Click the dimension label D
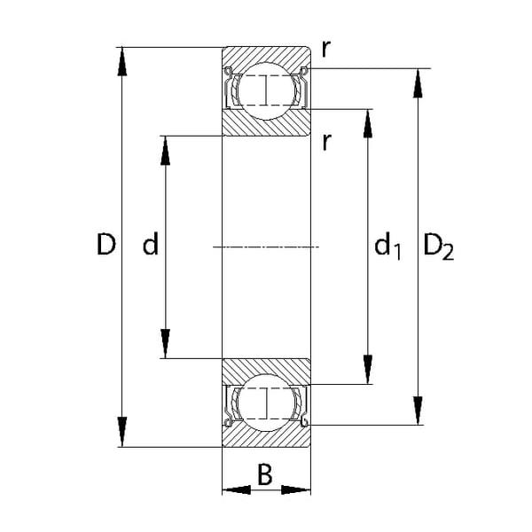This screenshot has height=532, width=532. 106,245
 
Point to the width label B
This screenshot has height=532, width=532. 265,476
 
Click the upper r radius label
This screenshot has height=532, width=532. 326,50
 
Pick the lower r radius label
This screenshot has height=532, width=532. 326,141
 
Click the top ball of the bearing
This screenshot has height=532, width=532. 266,90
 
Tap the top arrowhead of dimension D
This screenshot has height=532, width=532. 122,59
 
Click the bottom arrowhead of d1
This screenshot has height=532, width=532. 367,372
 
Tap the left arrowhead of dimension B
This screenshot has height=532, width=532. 232,489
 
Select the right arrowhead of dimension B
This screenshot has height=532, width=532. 300,489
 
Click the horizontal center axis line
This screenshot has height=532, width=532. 266,246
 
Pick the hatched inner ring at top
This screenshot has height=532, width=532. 266,122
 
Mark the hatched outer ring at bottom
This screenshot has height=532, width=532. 266,437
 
